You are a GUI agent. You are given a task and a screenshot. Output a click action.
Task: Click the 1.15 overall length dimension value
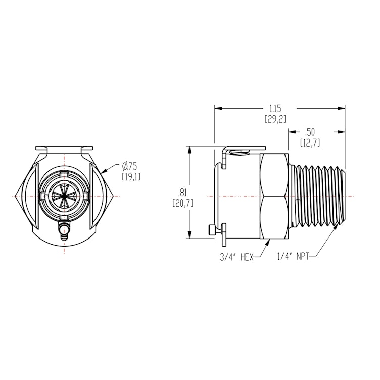pos(275,108)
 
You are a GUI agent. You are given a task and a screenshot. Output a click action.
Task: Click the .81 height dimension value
pos(182,193)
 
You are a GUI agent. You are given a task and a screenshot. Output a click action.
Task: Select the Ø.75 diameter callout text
pos(130,166)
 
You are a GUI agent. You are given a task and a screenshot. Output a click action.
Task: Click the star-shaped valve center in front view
pos(65,195)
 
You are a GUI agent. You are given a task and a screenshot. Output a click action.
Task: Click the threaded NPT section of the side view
pos(319,195)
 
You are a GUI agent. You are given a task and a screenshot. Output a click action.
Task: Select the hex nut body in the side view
pos(276,195)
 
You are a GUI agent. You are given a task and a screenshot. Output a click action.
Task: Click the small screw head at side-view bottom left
pos(212,231)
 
